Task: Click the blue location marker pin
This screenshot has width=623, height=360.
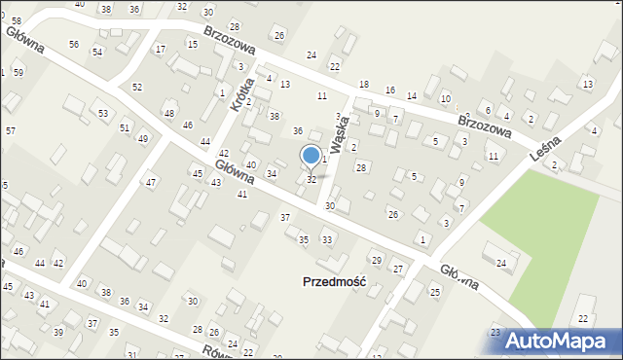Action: pyautogui.click(x=311, y=157)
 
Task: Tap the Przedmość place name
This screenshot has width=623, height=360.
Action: pyautogui.click(x=330, y=281)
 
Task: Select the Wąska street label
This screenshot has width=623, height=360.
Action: pyautogui.click(x=340, y=132)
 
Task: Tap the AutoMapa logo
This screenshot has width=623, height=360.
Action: pyautogui.click(x=558, y=341)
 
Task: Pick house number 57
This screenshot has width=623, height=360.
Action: pyautogui.click(x=10, y=130)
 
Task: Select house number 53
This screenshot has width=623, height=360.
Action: pyautogui.click(x=102, y=114)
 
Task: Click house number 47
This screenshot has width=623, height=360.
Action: pyautogui.click(x=151, y=183)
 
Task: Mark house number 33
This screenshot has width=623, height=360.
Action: pyautogui.click(x=327, y=239)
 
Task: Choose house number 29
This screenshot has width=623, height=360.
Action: pyautogui.click(x=376, y=260)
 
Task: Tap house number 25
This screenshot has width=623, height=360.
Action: pyautogui.click(x=435, y=292)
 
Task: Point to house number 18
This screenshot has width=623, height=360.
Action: pyautogui.click(x=364, y=86)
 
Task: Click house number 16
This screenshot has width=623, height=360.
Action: pyautogui.click(x=389, y=90)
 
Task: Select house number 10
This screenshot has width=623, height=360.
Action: pyautogui.click(x=445, y=99)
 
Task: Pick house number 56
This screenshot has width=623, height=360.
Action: pyautogui.click(x=74, y=45)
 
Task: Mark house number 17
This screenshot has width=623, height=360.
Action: pyautogui.click(x=161, y=49)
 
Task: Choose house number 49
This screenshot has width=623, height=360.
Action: pyautogui.click(x=142, y=139)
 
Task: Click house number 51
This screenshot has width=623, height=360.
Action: pyautogui.click(x=125, y=127)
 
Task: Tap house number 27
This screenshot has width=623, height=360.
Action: pyautogui.click(x=397, y=268)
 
